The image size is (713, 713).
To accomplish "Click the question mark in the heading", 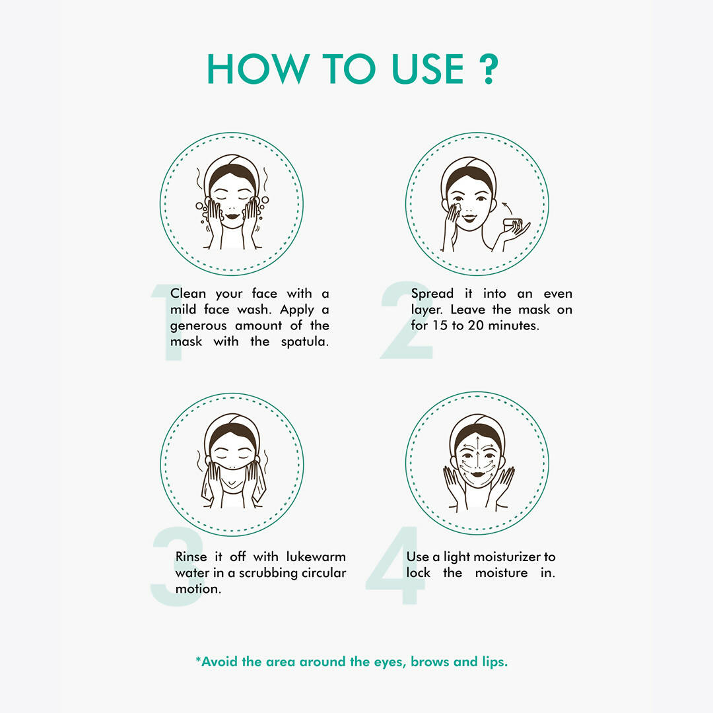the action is click(489, 69).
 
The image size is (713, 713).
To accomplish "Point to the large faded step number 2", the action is click(406, 320).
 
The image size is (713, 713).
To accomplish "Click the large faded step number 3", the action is click(176, 566).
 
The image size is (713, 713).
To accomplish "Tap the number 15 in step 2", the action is click(440, 325).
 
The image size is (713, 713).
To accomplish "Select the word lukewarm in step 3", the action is click(316, 557).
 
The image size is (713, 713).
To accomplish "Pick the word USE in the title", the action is click(427, 69).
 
